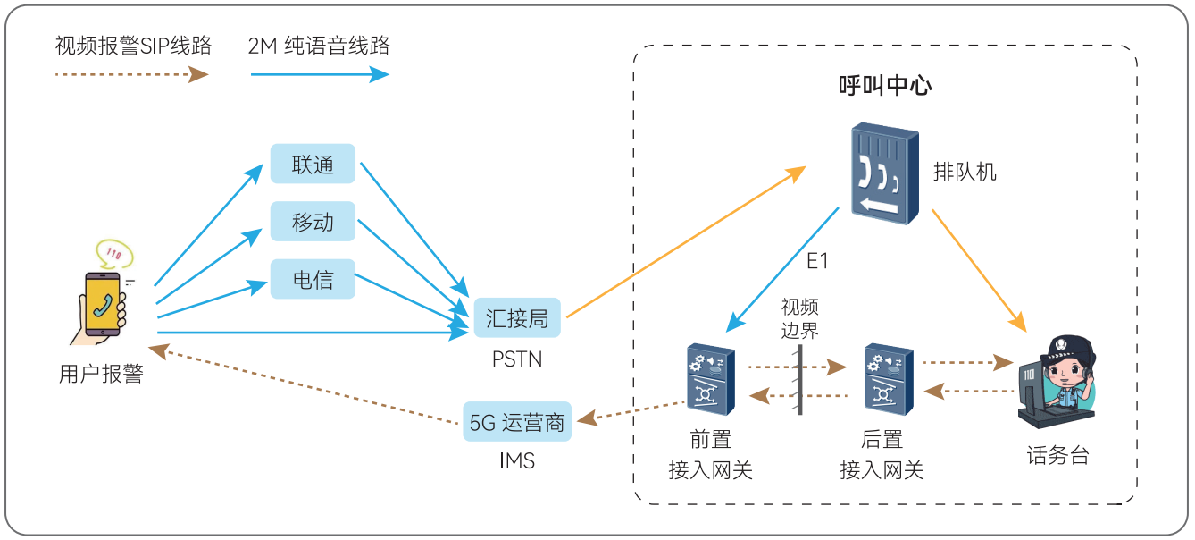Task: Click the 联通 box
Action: (313, 165)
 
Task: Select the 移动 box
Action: (313, 222)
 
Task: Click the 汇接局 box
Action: (517, 317)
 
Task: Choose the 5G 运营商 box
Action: (518, 422)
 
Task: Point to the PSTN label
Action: (517, 359)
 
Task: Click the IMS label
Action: (517, 462)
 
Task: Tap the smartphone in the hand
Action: (103, 303)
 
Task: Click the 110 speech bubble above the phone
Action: (114, 254)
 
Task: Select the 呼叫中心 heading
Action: (884, 86)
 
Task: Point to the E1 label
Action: (817, 261)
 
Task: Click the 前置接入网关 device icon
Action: (711, 379)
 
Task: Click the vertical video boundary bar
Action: (799, 379)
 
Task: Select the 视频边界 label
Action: (799, 318)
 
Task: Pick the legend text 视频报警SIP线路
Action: (133, 46)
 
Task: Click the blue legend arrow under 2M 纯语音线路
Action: (319, 75)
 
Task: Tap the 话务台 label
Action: (1057, 455)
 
